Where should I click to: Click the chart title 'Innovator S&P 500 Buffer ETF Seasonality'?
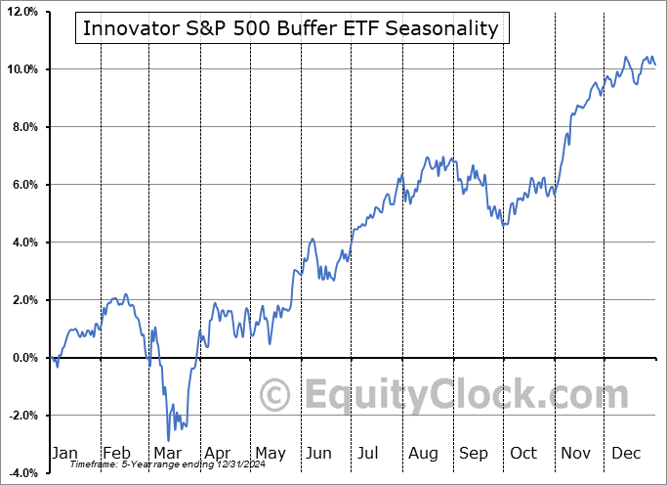coord(291,28)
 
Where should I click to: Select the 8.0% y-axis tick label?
coord(23,127)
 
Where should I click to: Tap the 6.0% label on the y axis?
coord(23,185)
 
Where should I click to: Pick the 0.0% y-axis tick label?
coord(23,358)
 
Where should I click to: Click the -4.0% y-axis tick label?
coord(21,473)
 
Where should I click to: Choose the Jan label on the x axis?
coord(63,453)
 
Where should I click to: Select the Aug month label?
coord(423,453)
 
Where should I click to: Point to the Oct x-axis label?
coord(523,453)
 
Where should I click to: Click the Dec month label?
coord(626,453)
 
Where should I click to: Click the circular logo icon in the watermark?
coord(276,396)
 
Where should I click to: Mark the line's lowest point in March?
coord(168,440)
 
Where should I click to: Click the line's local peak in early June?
coord(312,239)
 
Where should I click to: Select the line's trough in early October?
coord(504,226)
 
